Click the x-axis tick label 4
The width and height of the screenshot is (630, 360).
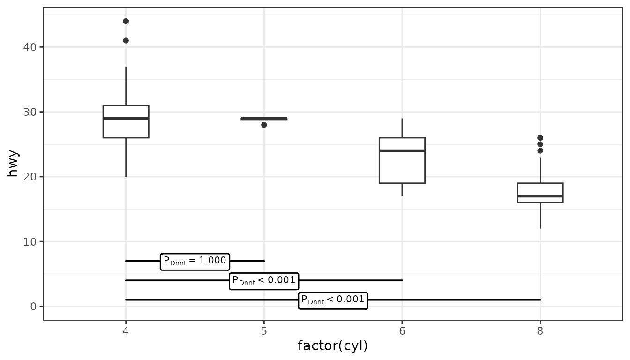click(126, 330)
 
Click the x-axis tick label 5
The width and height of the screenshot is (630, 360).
click(264, 330)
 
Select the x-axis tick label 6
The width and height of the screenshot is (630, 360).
click(402, 330)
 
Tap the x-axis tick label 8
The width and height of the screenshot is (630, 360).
click(540, 330)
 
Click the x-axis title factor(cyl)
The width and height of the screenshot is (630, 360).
click(333, 346)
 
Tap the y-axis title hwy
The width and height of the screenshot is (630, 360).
click(13, 164)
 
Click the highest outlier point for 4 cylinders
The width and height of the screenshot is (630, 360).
click(126, 21)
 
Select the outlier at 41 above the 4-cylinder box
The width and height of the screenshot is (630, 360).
click(126, 40)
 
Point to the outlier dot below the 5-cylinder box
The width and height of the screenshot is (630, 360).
click(264, 125)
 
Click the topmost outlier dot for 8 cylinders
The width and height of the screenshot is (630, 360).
click(540, 138)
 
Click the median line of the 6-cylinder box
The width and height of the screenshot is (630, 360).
click(402, 150)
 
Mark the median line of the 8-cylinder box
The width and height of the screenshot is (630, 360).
click(540, 196)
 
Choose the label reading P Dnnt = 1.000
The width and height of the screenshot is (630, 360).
click(195, 261)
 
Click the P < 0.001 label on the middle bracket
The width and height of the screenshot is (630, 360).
click(264, 281)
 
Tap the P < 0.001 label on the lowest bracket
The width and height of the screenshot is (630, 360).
click(333, 300)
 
